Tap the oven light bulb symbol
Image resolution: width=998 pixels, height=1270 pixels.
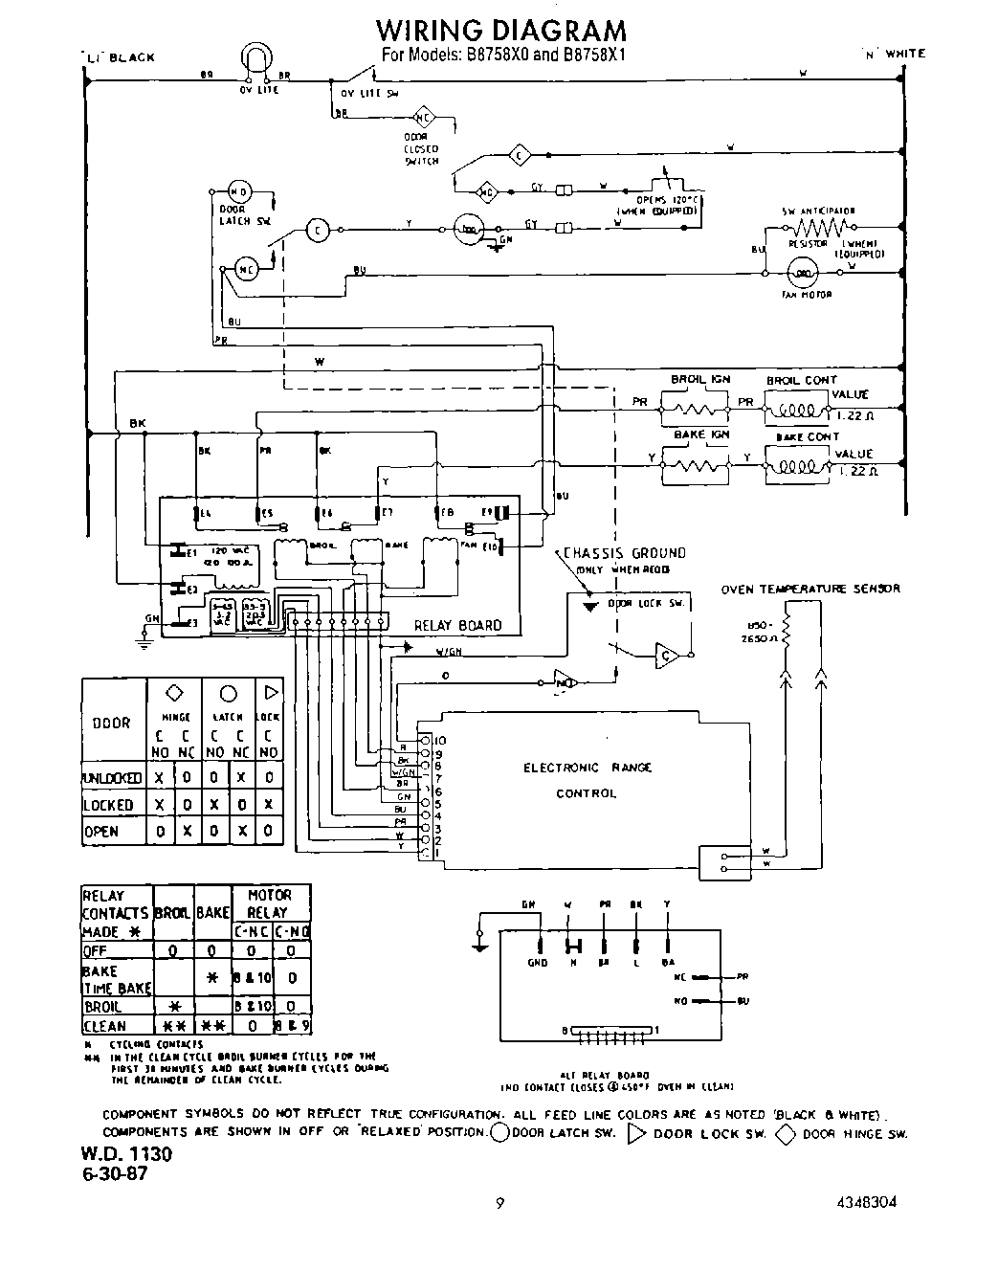[x=255, y=61]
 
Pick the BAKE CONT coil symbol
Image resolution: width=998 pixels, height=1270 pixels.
[x=793, y=468]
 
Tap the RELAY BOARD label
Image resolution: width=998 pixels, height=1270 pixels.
[x=457, y=626]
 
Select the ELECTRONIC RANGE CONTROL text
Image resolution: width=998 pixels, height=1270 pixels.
[x=587, y=780]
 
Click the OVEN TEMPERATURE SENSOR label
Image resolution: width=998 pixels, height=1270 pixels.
[x=809, y=589]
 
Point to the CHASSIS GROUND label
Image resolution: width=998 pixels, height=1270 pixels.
[x=624, y=552]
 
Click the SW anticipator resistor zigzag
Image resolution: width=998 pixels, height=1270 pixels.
[x=819, y=227]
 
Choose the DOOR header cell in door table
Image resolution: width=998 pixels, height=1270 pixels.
[x=112, y=723]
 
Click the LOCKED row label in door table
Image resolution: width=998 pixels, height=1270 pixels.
[x=108, y=805]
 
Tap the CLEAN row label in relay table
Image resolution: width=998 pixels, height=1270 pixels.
[x=104, y=1026]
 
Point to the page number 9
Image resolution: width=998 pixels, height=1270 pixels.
[x=500, y=1204]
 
